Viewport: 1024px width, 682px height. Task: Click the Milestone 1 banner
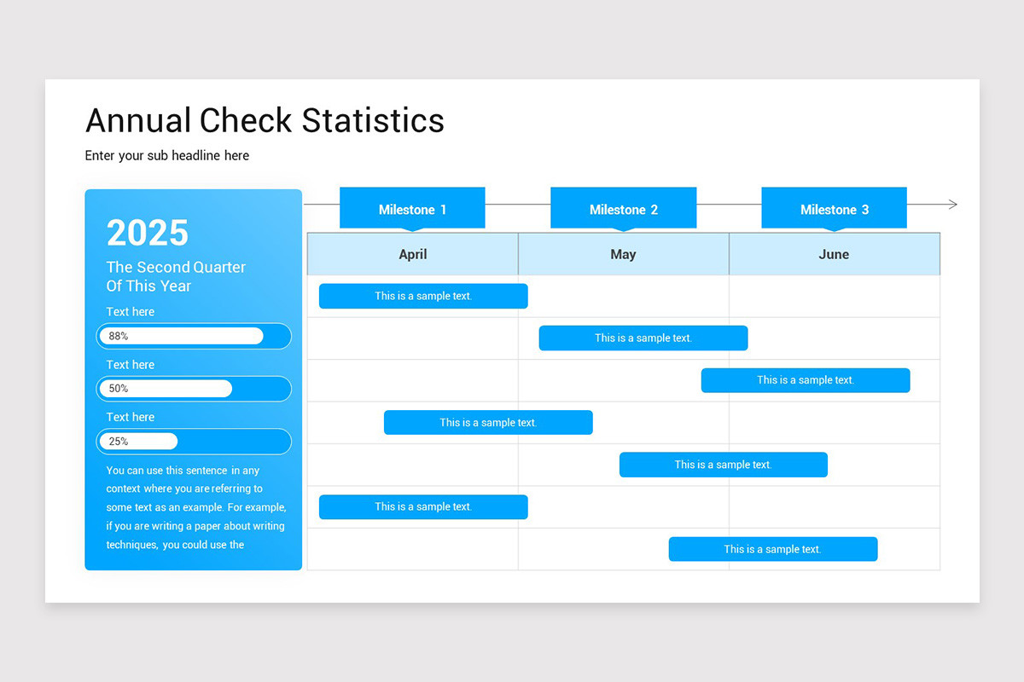[412, 209]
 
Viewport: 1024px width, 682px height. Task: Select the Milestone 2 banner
[623, 209]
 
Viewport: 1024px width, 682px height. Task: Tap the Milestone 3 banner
[834, 209]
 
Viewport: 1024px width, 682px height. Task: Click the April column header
[413, 254]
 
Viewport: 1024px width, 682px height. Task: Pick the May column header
[623, 254]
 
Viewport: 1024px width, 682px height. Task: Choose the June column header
[834, 254]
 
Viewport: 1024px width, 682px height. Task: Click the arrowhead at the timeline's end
[952, 205]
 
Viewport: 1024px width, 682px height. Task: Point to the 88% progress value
[119, 336]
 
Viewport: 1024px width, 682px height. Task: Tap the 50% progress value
[119, 389]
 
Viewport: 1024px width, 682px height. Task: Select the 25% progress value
[119, 442]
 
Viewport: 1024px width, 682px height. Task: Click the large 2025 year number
[148, 233]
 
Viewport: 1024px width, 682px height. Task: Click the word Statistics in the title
[373, 121]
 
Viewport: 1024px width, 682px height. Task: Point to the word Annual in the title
[138, 121]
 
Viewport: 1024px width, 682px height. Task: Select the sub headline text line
[167, 156]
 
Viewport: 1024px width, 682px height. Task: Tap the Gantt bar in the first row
[423, 296]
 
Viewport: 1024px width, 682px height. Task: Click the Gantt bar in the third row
[806, 380]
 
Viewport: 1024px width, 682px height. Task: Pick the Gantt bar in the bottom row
[772, 549]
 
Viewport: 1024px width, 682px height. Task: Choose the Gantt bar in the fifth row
[723, 465]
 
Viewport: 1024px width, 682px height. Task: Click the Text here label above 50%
[131, 365]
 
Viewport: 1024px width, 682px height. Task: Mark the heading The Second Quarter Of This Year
[176, 276]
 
